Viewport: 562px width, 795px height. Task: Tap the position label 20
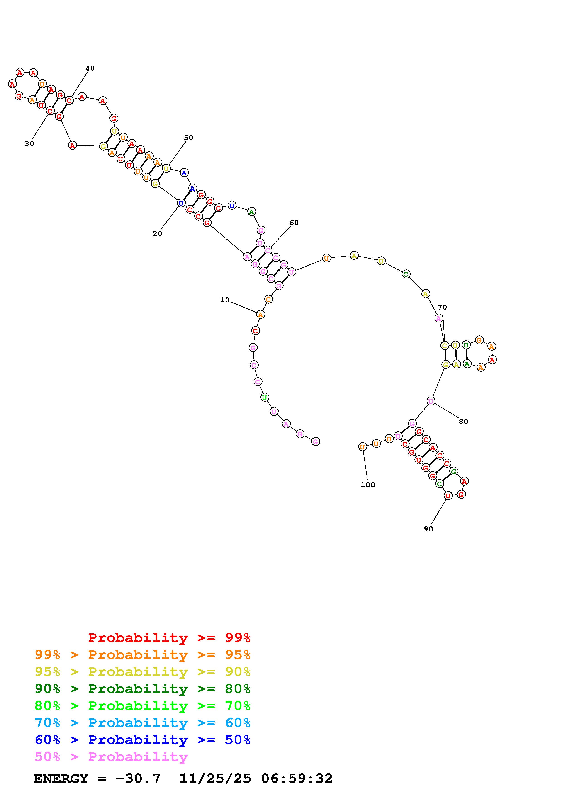pyautogui.click(x=158, y=234)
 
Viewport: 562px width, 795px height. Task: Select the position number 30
pyautogui.click(x=29, y=144)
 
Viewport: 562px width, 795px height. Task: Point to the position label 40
pyautogui.click(x=90, y=68)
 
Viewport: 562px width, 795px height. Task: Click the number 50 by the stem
pyautogui.click(x=188, y=138)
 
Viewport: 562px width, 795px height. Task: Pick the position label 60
pyautogui.click(x=294, y=223)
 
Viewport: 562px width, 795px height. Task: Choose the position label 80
pyautogui.click(x=464, y=421)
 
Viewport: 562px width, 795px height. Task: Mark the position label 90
pyautogui.click(x=428, y=529)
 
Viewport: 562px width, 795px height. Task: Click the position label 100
pyautogui.click(x=368, y=485)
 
